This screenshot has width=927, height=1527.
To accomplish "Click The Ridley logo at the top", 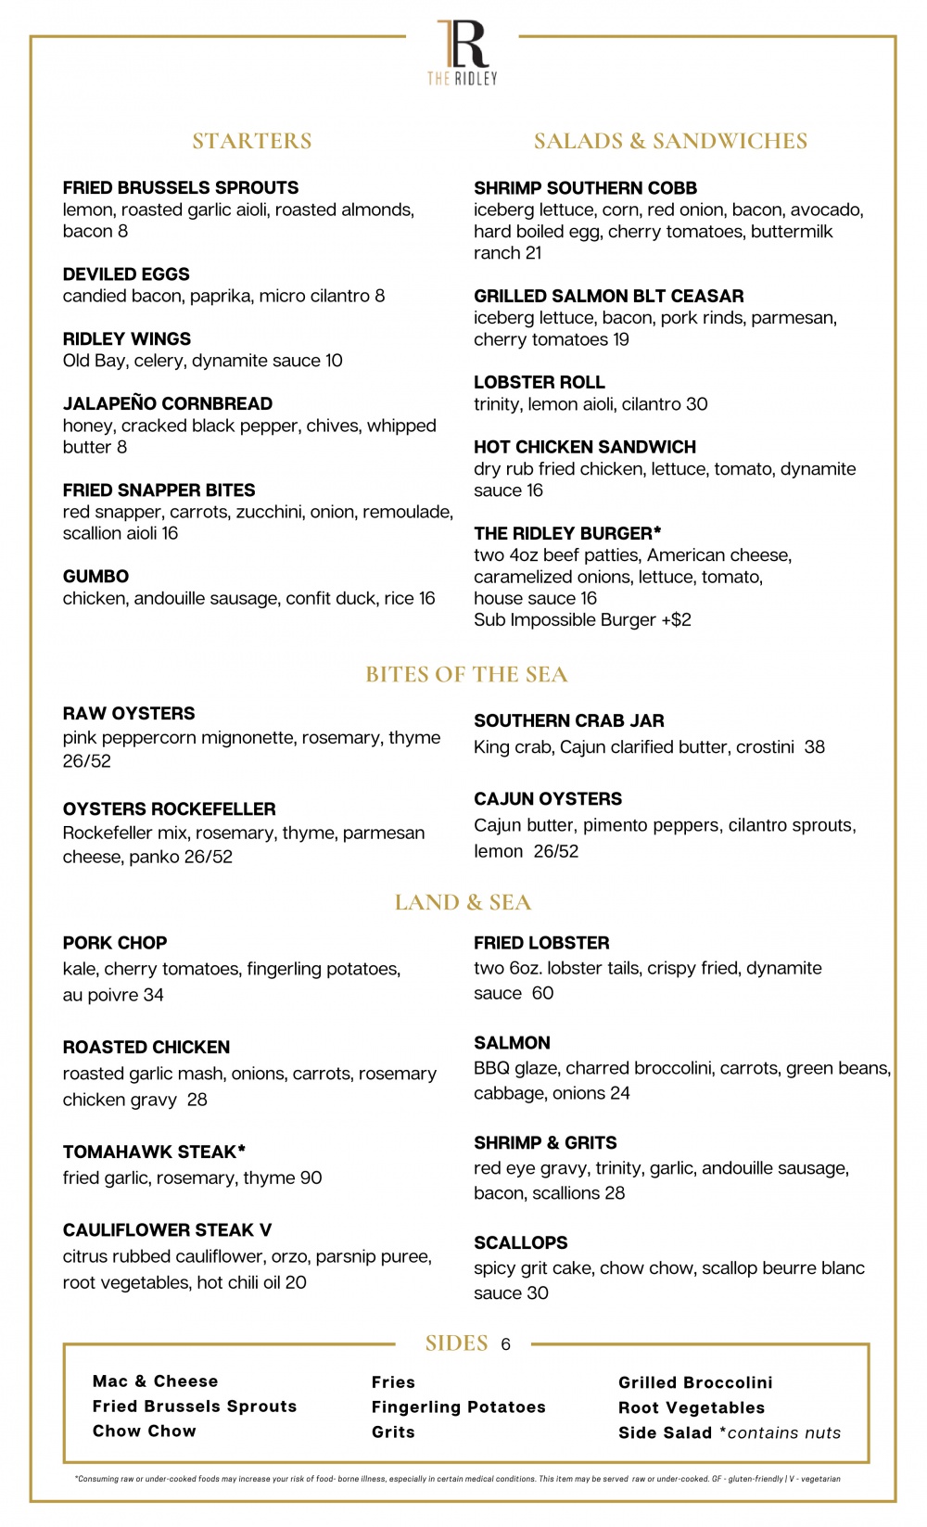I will [x=463, y=52].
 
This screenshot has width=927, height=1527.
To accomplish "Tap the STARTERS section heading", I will [x=252, y=141].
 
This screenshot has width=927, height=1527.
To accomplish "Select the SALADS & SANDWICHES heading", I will [x=670, y=141].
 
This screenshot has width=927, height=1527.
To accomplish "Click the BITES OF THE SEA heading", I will [x=466, y=674].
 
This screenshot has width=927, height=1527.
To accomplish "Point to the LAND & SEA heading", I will [x=463, y=902].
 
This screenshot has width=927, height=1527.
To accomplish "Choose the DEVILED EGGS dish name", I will [x=126, y=274].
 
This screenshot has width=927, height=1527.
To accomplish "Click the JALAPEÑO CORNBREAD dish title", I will [x=168, y=403].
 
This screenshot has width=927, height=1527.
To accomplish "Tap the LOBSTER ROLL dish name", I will [x=540, y=382].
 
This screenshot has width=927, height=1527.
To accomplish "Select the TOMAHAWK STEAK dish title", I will [x=154, y=1152].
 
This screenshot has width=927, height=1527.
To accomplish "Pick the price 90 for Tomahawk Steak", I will [x=311, y=1177].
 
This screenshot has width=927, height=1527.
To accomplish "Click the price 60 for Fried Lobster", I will [x=542, y=993].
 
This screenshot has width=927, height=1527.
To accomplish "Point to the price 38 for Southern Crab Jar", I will [x=814, y=746].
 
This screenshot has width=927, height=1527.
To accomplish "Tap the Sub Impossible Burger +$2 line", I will [x=582, y=619].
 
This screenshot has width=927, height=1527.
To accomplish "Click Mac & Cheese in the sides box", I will [x=156, y=1381].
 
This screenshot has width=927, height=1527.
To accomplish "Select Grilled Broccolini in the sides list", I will [x=695, y=1382].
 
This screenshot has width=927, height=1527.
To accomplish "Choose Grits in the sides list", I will [x=393, y=1432].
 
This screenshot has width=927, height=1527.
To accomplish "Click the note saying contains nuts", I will [x=783, y=1432].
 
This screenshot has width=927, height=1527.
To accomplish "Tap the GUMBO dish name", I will [x=95, y=577].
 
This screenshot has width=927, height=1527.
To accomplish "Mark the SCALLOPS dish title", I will [x=521, y=1242].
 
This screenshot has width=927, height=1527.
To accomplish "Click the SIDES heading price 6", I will [x=505, y=1344].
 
